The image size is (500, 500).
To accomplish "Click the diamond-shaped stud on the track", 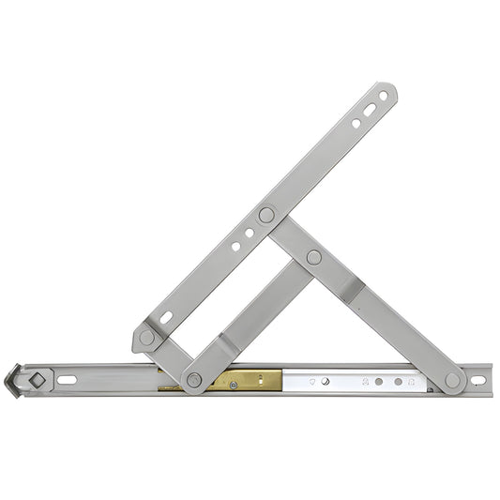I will pos(37,380).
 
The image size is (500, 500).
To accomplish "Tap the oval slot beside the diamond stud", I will pos(67,380).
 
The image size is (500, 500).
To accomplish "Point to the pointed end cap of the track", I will pos(11,381).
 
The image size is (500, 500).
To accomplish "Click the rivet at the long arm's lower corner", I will pos(147,337).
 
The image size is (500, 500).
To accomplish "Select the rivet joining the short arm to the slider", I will pos(194,379).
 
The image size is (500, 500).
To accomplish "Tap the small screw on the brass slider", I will pos(233,385).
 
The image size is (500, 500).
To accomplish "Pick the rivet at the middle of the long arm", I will pos(266,215).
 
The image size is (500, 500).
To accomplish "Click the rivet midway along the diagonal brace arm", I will pos(313,256).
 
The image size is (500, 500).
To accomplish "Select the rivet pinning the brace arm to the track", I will pos(453,380).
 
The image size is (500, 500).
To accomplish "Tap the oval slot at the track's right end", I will pos(477,381).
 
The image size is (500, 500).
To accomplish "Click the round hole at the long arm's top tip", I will pos(383,95).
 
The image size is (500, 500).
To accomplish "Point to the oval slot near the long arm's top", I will pos(371,110).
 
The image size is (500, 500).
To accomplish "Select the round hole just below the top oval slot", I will pos(356,123).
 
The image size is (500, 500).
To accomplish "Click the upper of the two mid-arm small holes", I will pos(249,235).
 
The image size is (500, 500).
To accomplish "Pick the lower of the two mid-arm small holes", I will pos(235,247).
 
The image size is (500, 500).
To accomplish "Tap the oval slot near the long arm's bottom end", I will pos(166,318).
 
